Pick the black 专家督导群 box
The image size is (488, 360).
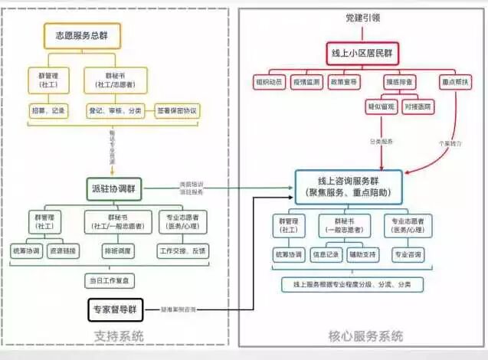[116, 309]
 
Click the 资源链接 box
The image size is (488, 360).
[63, 251]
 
